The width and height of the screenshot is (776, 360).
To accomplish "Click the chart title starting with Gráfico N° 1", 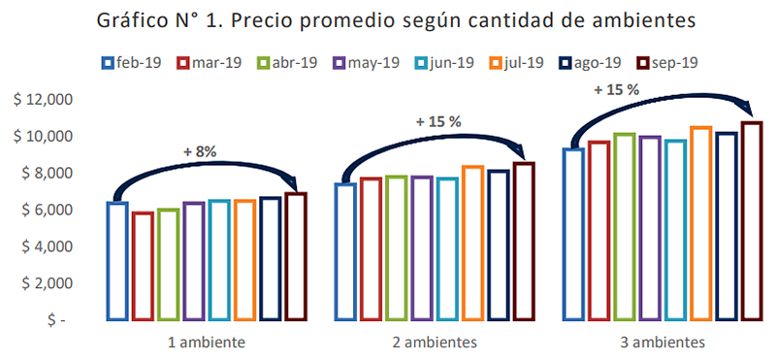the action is [x=396, y=20].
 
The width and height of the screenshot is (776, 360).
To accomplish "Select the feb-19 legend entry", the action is [x=132, y=63].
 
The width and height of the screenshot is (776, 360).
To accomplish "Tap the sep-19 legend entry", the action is [x=666, y=63].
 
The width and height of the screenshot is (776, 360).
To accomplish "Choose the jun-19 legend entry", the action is [x=444, y=63].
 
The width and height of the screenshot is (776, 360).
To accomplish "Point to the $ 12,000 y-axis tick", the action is [x=44, y=100].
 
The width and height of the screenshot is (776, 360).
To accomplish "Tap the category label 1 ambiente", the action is [x=207, y=343].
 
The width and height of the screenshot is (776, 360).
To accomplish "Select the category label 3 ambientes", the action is [x=662, y=343].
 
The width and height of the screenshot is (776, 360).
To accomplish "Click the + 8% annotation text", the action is [x=200, y=152].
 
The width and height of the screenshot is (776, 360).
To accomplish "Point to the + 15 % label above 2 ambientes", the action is [x=439, y=122].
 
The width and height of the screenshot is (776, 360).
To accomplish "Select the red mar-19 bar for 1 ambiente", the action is [x=143, y=266].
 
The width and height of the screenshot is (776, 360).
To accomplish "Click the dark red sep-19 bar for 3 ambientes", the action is [x=753, y=220].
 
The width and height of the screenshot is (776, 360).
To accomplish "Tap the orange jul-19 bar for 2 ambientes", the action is [x=473, y=243].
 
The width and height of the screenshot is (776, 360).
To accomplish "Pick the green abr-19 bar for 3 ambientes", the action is [x=624, y=226].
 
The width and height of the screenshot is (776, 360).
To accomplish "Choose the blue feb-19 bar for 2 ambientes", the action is [x=346, y=251].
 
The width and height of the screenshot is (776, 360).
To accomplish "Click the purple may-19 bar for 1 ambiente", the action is [x=193, y=261].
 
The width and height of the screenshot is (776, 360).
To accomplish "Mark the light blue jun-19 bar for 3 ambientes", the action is [x=675, y=230].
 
